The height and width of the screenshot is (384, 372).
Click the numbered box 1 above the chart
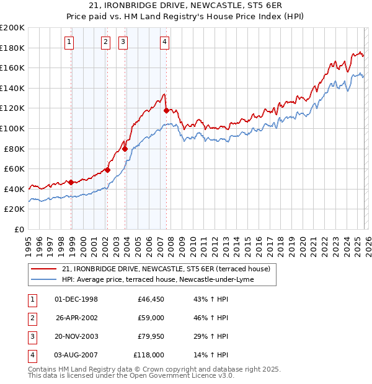68,42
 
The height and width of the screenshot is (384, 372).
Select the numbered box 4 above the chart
164,42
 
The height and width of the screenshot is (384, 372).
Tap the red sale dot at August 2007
166,111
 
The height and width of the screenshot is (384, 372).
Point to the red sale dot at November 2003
125,149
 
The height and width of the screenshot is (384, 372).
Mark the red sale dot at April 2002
108,170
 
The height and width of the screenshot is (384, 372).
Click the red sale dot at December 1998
71,182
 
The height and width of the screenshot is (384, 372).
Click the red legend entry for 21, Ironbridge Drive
166,269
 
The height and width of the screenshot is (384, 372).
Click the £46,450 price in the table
148,299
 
